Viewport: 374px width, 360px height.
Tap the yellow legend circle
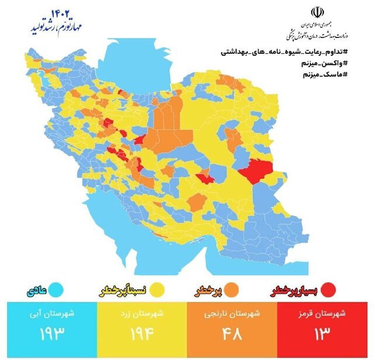(x=156, y=290)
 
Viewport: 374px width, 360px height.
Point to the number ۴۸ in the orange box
(x=231, y=335)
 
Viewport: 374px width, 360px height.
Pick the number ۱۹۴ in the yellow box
(x=139, y=335)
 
